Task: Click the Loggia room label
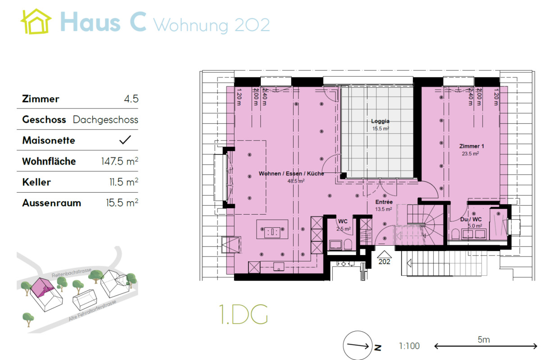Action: pyautogui.click(x=380, y=121)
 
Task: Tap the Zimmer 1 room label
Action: pyautogui.click(x=471, y=147)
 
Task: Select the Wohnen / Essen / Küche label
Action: pyautogui.click(x=291, y=174)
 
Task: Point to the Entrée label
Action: pyautogui.click(x=384, y=202)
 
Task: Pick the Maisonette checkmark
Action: pyautogui.click(x=125, y=140)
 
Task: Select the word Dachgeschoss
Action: pyautogui.click(x=105, y=120)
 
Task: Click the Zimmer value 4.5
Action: pyautogui.click(x=131, y=99)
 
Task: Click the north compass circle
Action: pyautogui.click(x=358, y=346)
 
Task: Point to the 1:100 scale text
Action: pyautogui.click(x=409, y=346)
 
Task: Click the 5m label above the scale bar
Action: pyautogui.click(x=484, y=340)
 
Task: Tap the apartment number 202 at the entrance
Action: pyautogui.click(x=384, y=261)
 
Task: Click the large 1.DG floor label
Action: pyautogui.click(x=243, y=315)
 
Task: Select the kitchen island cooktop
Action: pyautogui.click(x=272, y=232)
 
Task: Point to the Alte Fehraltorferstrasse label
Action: pyautogui.click(x=92, y=311)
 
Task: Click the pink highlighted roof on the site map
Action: pyautogui.click(x=41, y=286)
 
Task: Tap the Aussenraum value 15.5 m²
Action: pyautogui.click(x=119, y=203)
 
